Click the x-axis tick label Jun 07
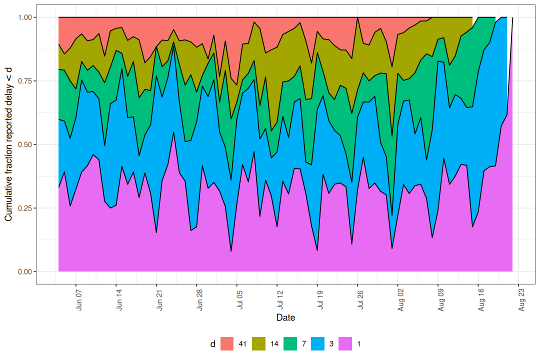click(x=79, y=299)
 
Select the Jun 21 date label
click(x=159, y=299)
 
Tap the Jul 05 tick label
click(x=240, y=299)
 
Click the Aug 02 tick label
click(x=401, y=299)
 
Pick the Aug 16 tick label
click(x=481, y=299)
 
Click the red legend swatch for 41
click(x=227, y=344)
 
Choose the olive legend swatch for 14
click(x=259, y=344)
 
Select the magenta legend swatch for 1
click(x=346, y=344)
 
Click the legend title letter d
click(x=212, y=344)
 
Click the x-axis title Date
click(x=285, y=318)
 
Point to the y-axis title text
click(x=8, y=144)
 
